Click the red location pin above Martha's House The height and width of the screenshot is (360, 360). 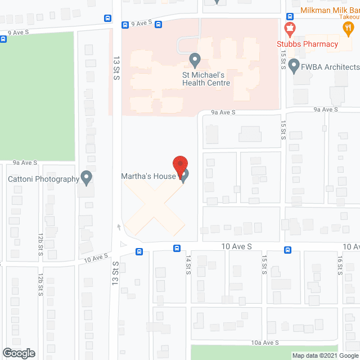(x=179, y=167)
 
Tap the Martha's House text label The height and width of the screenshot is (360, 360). (x=148, y=177)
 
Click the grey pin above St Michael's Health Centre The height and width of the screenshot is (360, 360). (x=195, y=59)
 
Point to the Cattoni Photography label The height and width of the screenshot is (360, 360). (x=43, y=179)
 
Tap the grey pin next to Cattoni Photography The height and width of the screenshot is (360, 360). (x=86, y=178)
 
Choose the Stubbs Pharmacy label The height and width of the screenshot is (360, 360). (x=307, y=44)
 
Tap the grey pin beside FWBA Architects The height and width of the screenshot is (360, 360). (x=294, y=67)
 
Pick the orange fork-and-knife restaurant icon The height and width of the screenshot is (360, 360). (x=349, y=27)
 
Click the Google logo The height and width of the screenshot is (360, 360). (x=19, y=353)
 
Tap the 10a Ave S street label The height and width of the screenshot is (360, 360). (x=265, y=343)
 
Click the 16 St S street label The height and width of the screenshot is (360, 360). (x=339, y=264)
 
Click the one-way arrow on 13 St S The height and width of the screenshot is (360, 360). (x=119, y=227)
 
